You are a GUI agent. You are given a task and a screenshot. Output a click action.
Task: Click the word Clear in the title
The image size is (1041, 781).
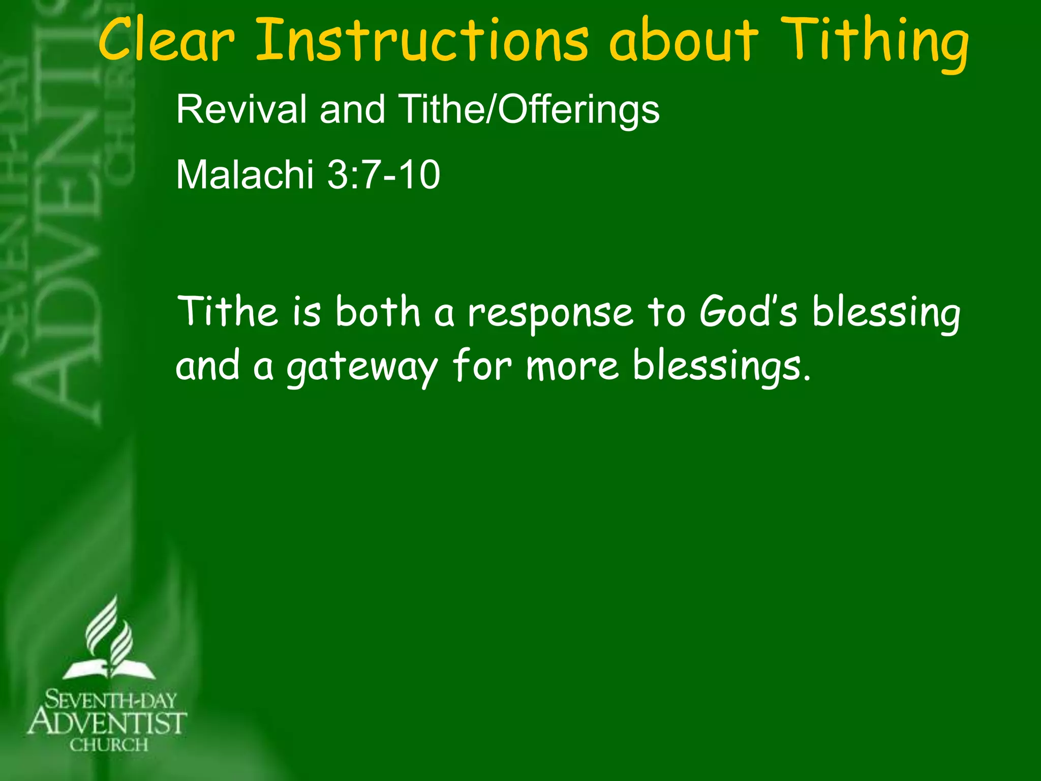click(166, 41)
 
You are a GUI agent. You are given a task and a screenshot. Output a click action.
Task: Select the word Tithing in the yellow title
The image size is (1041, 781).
click(874, 43)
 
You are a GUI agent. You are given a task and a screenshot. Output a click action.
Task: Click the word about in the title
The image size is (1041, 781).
click(684, 41)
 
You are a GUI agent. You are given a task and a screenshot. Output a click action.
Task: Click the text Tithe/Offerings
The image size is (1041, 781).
click(529, 109)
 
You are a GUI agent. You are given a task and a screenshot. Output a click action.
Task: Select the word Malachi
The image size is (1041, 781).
click(244, 175)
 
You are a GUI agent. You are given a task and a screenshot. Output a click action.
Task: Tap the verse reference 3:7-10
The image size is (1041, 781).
click(384, 175)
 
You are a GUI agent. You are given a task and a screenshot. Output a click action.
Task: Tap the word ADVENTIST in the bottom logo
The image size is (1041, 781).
click(107, 723)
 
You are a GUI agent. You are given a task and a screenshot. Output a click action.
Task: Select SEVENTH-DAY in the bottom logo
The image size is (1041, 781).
click(110, 701)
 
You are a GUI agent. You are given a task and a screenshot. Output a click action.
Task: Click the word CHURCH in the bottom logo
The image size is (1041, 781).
click(109, 745)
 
